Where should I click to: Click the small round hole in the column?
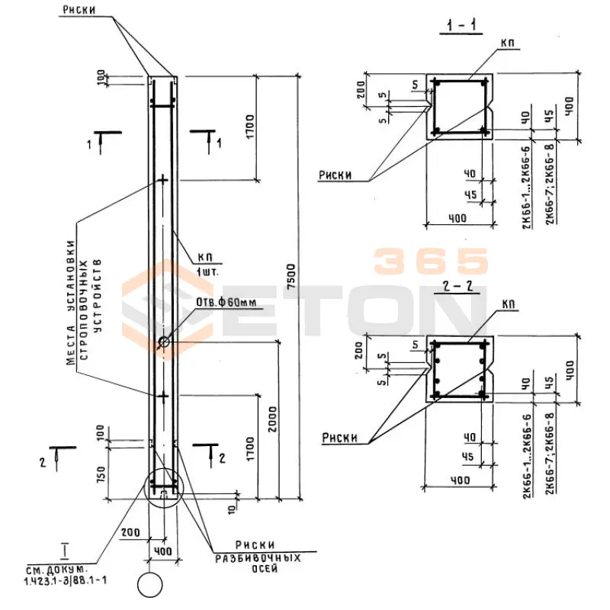point(164,342)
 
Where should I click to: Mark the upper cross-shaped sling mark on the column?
point(162,180)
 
